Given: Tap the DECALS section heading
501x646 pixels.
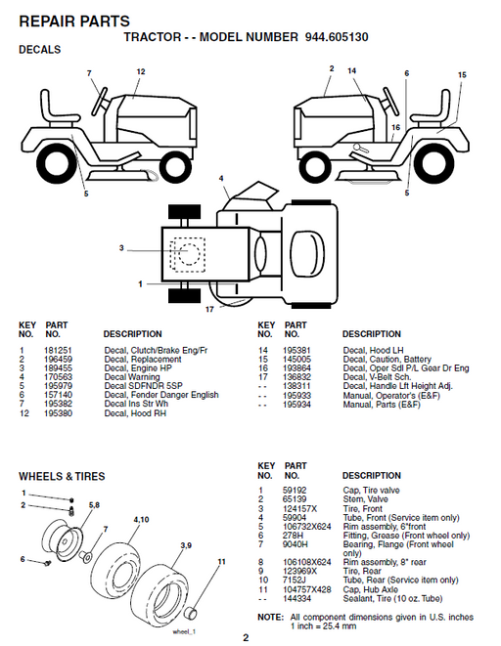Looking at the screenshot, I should tap(40, 50).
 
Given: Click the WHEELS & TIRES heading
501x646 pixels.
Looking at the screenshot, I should tap(62, 476).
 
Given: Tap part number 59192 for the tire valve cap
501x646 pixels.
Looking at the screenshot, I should tap(294, 490).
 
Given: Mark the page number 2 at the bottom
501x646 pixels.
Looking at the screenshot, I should tap(247, 638).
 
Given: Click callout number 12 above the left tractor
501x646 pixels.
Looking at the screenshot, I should tap(140, 71).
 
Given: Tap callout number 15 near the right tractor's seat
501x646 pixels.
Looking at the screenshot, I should tap(463, 74).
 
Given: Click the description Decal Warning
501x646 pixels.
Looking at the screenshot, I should tap(132, 376).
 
